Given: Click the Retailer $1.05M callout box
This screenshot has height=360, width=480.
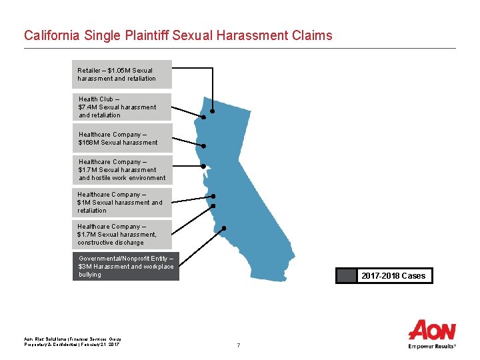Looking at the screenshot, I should pos(122,75).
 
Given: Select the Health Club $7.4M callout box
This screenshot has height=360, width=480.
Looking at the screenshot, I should pos(122,107).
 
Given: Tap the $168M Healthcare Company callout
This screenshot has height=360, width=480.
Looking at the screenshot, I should pos(122,139).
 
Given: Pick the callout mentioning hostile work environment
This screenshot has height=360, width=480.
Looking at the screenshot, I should pos(122,170).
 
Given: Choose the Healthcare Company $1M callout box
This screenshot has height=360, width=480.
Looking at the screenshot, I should pos(122,203).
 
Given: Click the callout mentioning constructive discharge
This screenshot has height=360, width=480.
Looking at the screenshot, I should pos(122,235).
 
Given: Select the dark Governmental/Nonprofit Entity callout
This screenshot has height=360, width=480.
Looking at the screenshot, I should pos(126,267).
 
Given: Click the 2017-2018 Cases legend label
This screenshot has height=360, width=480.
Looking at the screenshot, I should pos(393,276).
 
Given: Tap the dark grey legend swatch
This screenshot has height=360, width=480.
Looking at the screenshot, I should pos(347,276).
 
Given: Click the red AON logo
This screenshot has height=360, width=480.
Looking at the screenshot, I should pos(432,330).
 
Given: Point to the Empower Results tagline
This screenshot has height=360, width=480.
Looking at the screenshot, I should pos(432,347).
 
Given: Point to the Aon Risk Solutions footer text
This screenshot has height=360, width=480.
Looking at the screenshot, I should pos(67,339).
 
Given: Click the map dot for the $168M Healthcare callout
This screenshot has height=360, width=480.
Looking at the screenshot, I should pos(204,146).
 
